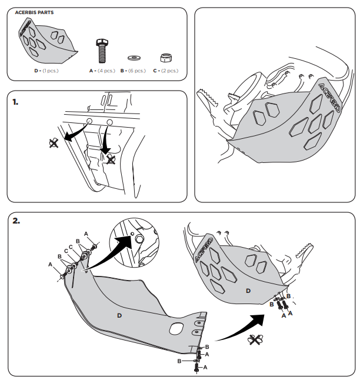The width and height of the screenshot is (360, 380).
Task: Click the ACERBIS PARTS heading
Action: tap(36, 12)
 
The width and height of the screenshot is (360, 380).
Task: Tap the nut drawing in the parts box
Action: tap(165, 57)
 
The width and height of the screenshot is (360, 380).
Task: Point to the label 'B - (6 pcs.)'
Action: tap(133, 71)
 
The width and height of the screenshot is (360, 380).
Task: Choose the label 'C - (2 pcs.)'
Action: tap(165, 71)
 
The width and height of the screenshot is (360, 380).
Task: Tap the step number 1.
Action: tap(16, 101)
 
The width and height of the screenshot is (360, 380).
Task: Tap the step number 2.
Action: tap(16, 221)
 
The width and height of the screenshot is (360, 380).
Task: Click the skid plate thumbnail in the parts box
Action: tap(47, 41)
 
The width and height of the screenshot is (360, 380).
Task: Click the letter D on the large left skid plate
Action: tap(119, 316)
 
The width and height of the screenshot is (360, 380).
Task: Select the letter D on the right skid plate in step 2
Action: tap(248, 291)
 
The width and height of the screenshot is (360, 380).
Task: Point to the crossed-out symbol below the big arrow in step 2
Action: tap(255, 339)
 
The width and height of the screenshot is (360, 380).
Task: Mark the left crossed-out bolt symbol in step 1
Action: tap(54, 142)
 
